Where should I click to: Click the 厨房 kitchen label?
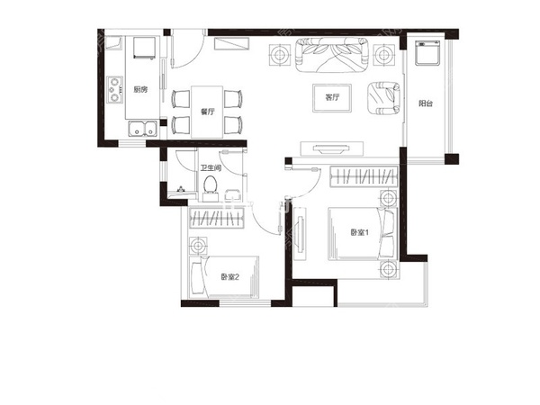coord(140,89)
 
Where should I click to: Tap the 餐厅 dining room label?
coord(208,112)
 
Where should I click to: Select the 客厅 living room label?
coord(332,97)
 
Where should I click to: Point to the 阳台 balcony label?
coord(426,103)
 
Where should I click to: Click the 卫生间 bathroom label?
coord(211,168)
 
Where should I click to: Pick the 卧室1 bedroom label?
coord(360,233)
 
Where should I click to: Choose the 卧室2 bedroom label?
coord(230,277)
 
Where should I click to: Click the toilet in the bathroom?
coord(210,188)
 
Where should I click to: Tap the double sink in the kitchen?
coord(142,128)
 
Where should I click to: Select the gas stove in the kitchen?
coord(114,89)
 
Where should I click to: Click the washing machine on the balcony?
coord(427,53)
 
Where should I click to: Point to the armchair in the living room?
coord(383,98)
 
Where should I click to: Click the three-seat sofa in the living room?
coord(332,55)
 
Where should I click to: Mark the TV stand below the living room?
coord(332,148)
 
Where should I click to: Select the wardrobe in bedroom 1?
coord(364,177)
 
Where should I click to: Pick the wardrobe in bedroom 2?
coord(217,218)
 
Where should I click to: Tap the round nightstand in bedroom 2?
coord(198,247)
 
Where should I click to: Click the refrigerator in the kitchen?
coord(145,48)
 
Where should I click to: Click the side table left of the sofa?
coord(280,55)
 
